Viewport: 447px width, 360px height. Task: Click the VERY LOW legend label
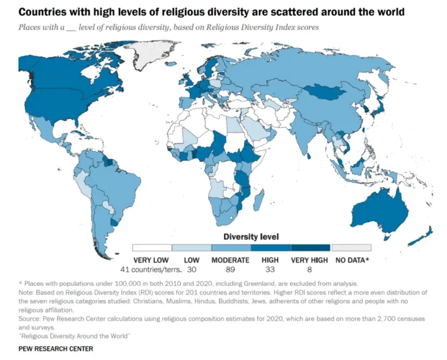coord(151,260)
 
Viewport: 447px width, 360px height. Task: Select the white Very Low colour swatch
coord(152,248)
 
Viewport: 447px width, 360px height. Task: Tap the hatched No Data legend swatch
coord(351,248)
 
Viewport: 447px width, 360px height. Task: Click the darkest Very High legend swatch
coord(311,248)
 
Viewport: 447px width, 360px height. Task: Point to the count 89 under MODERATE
coord(230,269)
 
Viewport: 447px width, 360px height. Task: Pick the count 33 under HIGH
coord(270,269)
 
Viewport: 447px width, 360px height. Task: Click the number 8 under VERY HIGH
coord(309,269)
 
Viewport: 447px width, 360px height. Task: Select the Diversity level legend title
coord(251,237)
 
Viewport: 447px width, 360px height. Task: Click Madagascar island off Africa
coord(259,199)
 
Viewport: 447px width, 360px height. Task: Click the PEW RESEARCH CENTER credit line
coord(56,349)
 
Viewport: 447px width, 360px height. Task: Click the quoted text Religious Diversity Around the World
coord(74,336)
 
